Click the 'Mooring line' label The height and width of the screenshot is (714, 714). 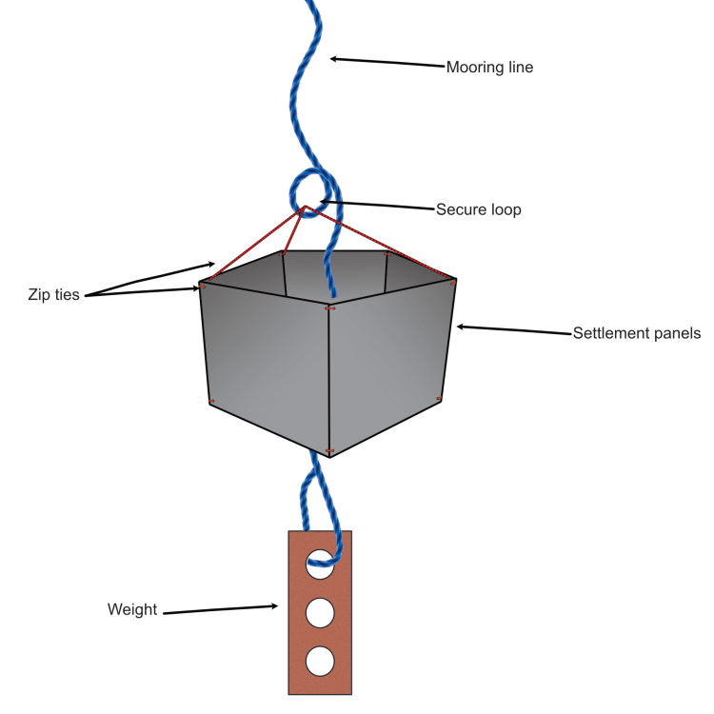(489, 68)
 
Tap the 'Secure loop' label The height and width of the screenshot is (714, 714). (478, 209)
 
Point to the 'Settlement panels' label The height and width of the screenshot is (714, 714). (636, 333)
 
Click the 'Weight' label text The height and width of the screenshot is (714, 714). (132, 609)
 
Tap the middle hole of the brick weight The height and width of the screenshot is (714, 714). (321, 612)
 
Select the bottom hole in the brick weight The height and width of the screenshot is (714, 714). (321, 659)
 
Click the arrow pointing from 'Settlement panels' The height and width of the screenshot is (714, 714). (514, 330)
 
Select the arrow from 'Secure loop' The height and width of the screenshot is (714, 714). (376, 205)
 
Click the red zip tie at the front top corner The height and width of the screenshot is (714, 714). (330, 308)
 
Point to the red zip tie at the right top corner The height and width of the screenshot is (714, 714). (452, 281)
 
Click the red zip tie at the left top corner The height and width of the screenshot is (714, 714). (203, 285)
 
